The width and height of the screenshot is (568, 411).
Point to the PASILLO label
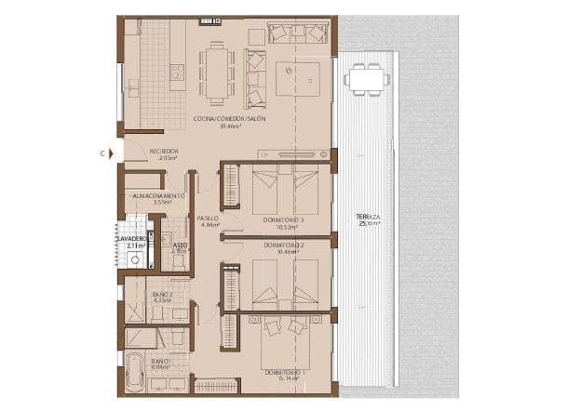[x=208, y=219]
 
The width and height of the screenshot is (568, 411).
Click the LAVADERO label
[x=131, y=239]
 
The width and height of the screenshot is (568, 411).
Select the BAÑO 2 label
[x=162, y=294]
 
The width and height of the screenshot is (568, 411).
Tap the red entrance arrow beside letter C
[x=111, y=151]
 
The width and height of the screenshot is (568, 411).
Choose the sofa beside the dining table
[x=254, y=68]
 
